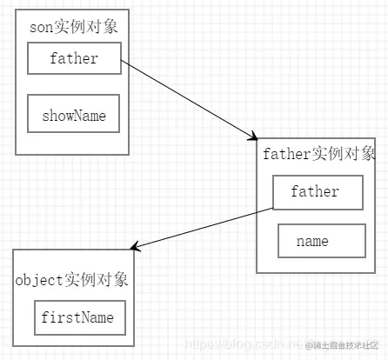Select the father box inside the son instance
coord(73,59)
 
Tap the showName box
coord(73,114)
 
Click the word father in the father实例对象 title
coord(286,155)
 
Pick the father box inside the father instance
coord(318,192)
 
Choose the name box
coord(321,241)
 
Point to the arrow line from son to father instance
coord(187,98)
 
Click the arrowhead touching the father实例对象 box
coord(253,136)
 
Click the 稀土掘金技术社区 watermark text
coord(345,346)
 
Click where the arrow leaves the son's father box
coord(121,61)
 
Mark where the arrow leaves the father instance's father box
coord(273,208)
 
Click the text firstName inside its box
coord(77,318)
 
